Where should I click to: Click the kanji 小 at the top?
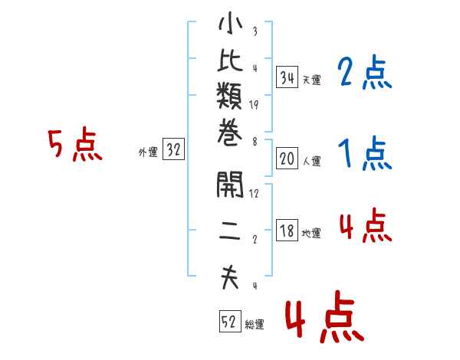tap(230, 23)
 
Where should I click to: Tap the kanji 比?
tap(230, 60)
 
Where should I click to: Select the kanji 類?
tap(229, 95)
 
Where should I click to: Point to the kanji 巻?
tap(230, 133)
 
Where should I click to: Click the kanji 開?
tap(230, 185)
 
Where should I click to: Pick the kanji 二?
tap(230, 231)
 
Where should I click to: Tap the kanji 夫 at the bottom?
tap(230, 277)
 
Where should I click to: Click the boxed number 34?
tap(287, 77)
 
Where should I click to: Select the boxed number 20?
tap(287, 159)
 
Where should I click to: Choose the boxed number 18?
tap(287, 231)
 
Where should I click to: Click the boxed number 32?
tap(173, 149)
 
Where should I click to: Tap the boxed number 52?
tap(230, 321)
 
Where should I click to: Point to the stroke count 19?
tap(254, 105)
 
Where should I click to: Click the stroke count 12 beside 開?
tap(254, 194)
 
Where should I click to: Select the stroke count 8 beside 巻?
tap(255, 142)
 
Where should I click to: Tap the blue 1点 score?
tap(365, 153)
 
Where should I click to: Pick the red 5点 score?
tap(75, 144)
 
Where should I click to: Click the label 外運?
tap(148, 152)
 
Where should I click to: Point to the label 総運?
tap(255, 325)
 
